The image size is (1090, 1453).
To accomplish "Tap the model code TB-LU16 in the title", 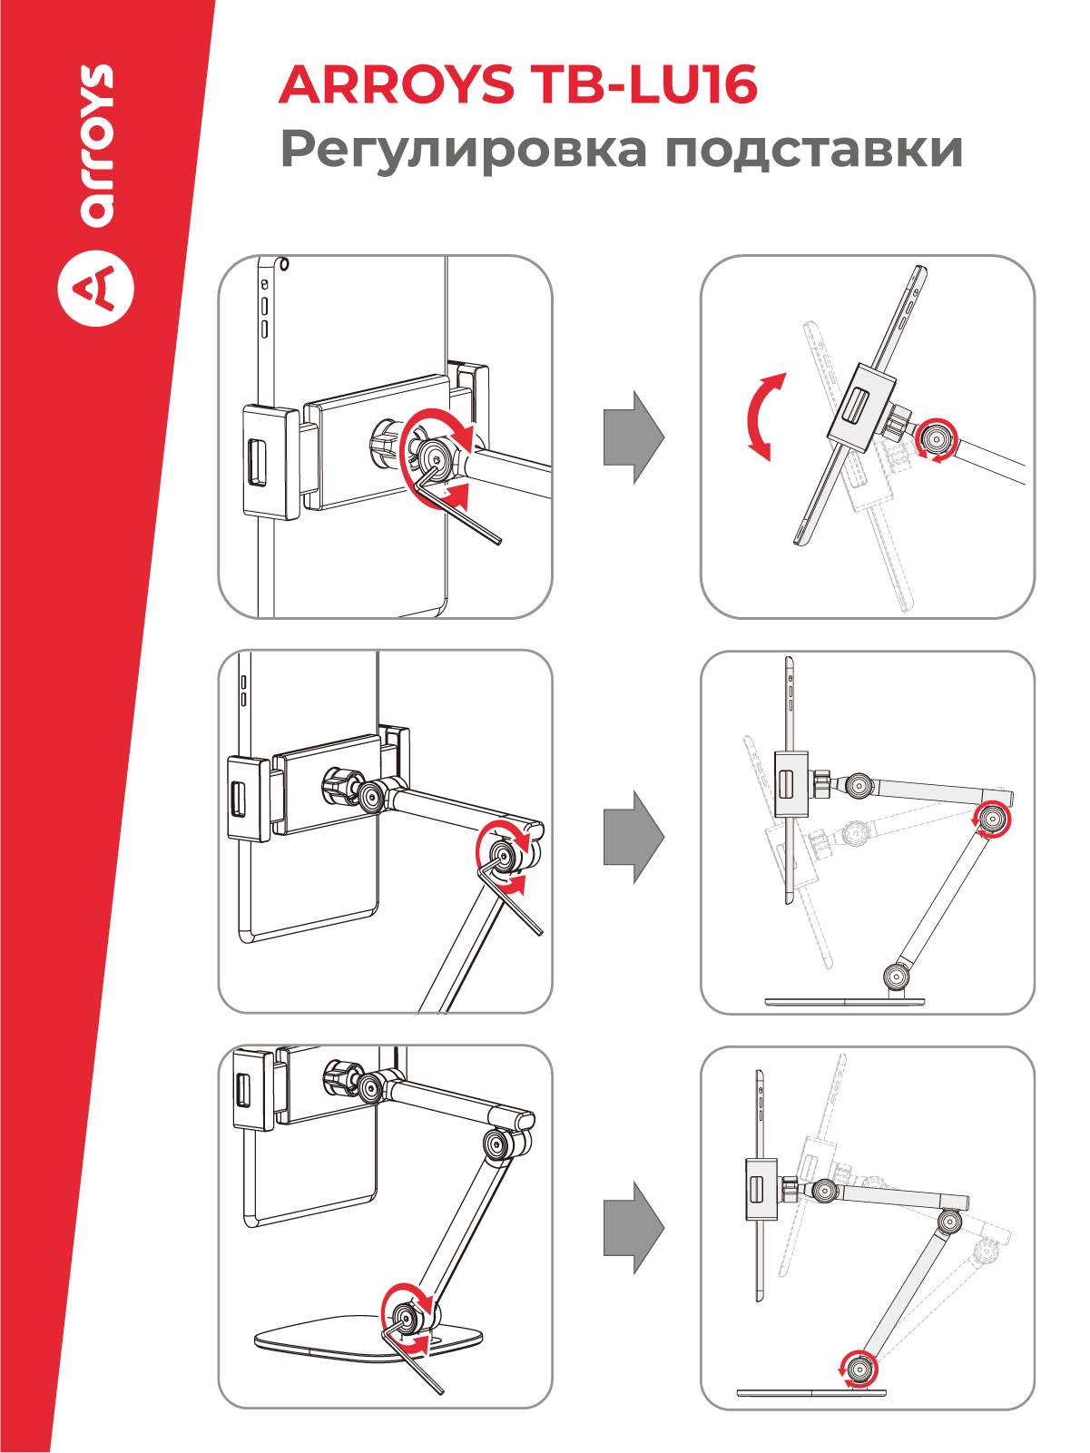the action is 645,84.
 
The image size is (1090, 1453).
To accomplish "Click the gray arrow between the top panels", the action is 633,437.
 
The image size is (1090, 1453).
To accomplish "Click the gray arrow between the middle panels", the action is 633,837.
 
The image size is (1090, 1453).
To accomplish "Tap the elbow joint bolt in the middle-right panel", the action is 991,820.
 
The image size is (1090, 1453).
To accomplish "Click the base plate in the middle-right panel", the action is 844,1002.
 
